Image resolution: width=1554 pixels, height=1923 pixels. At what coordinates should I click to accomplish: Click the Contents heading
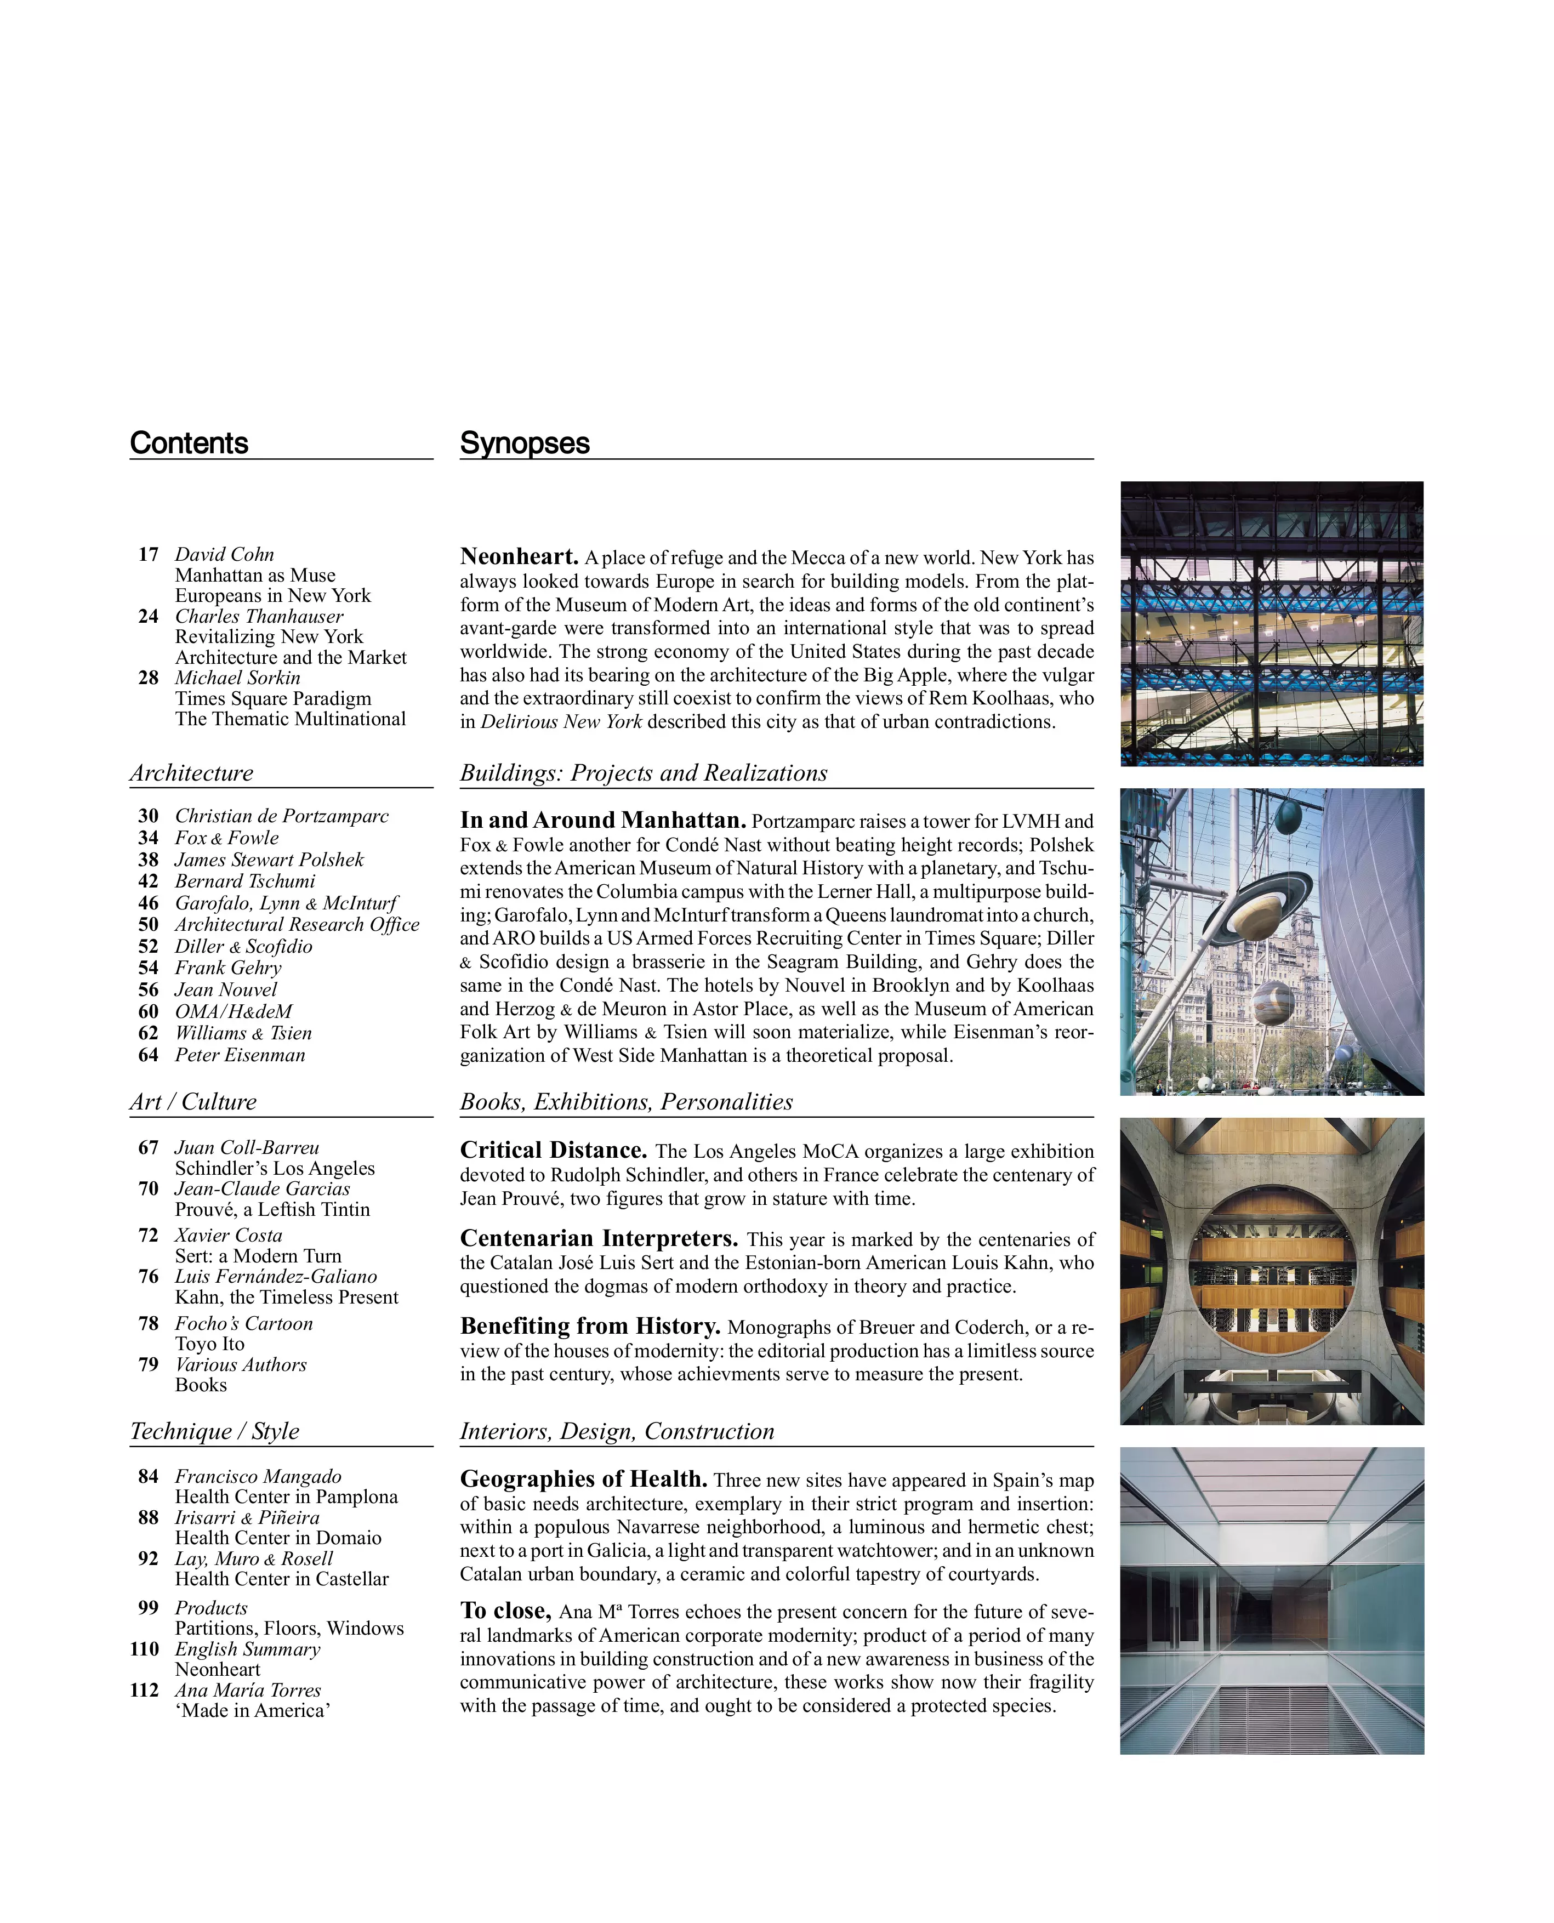189,443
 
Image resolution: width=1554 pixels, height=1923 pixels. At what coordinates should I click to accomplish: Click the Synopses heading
525,443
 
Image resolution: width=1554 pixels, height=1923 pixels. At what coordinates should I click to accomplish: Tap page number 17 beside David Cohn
149,555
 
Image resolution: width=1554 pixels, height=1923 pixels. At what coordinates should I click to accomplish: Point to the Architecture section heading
191,773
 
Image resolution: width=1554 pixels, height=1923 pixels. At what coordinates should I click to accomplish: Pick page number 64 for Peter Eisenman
149,1055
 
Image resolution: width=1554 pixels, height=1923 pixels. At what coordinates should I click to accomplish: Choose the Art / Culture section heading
193,1102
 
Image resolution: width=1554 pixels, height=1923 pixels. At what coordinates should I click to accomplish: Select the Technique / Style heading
215,1431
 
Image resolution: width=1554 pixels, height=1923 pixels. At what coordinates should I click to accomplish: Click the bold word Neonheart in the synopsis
519,557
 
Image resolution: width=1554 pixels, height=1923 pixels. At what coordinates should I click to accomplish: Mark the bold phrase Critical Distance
553,1151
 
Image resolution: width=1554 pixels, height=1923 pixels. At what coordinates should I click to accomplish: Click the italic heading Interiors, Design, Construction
617,1431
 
